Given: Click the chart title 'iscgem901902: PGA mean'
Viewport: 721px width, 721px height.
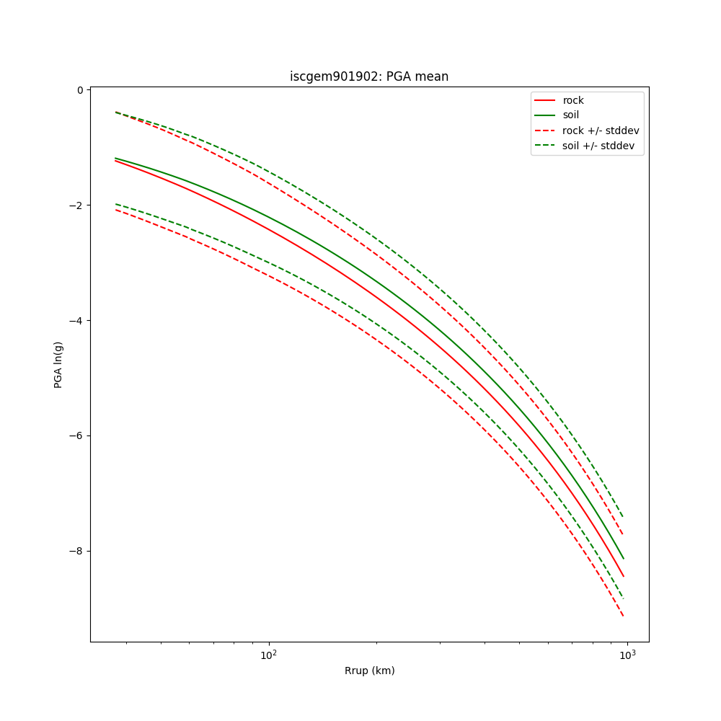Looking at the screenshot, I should pos(369,76).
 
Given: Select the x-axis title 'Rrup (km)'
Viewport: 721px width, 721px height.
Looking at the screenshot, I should pos(369,671).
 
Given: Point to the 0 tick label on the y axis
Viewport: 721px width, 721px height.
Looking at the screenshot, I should pos(80,90).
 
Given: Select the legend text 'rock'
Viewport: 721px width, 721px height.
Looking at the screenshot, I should pos(573,100).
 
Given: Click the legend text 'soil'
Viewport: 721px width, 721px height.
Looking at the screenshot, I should pos(571,115).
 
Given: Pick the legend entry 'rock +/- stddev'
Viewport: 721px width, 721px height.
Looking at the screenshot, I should pos(601,131).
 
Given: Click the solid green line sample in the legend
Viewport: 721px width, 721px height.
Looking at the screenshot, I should pos(545,115).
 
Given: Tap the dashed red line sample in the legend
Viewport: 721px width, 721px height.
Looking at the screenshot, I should pos(545,131).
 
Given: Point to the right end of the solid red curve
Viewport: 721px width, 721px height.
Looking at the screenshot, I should pos(623,576).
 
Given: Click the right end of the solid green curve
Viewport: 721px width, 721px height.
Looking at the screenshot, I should pos(623,558).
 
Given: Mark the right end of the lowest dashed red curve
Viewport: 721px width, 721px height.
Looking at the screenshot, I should pos(623,615).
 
